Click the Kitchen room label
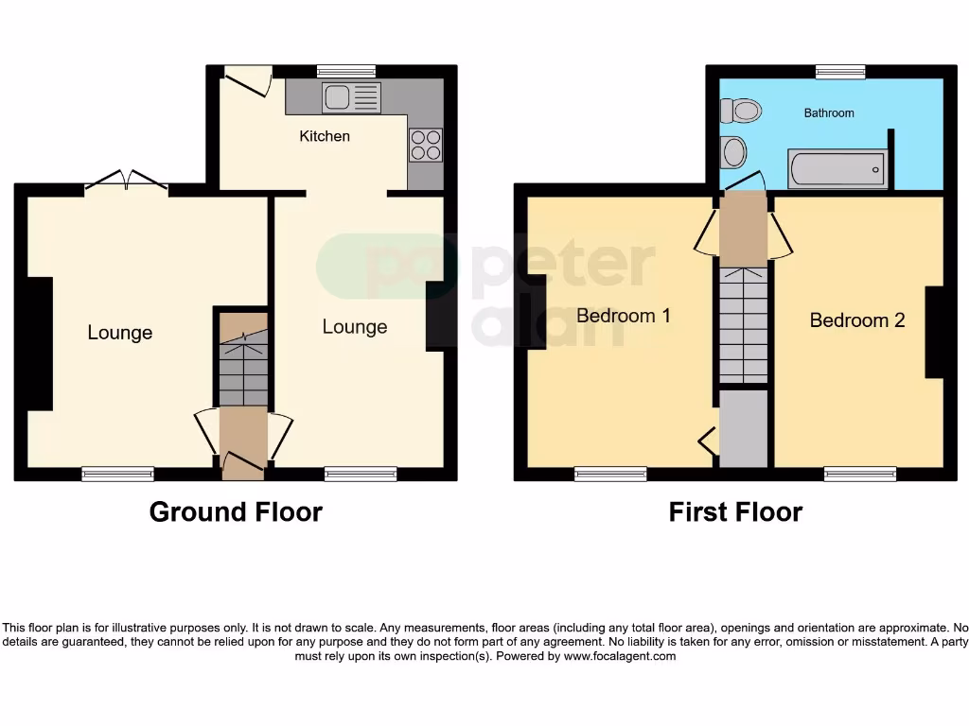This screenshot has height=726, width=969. click(325, 136)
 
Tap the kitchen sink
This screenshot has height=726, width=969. click(351, 97)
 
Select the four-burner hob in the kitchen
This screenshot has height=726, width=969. click(425, 144)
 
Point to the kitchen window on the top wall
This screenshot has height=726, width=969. click(346, 71)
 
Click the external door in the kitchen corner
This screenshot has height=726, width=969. click(248, 82)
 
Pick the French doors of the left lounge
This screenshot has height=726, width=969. click(127, 182)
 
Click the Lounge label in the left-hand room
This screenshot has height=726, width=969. click(120, 333)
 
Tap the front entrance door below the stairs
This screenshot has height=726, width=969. click(243, 459)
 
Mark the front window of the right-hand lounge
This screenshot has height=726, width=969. click(361, 474)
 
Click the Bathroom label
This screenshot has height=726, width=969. click(829, 113)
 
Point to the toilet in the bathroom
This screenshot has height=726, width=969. click(741, 112)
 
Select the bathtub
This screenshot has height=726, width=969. click(837, 170)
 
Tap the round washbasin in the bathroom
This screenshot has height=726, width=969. click(732, 151)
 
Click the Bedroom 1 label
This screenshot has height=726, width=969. click(624, 316)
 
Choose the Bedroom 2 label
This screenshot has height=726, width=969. click(857, 320)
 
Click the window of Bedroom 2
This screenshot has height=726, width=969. click(859, 474)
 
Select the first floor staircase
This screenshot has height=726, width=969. click(743, 321)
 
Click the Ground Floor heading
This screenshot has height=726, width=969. click(236, 512)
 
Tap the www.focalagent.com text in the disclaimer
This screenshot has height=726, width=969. click(620, 656)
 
